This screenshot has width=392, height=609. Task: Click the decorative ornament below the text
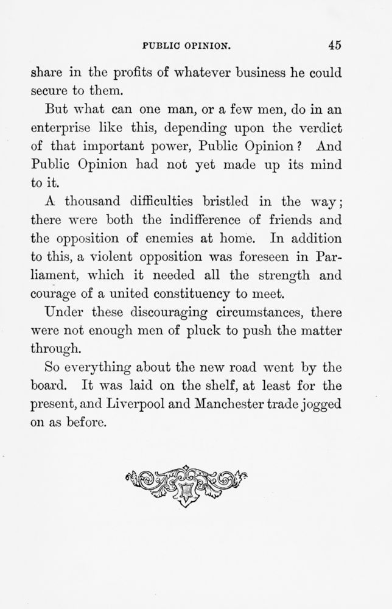[x=186, y=485]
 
